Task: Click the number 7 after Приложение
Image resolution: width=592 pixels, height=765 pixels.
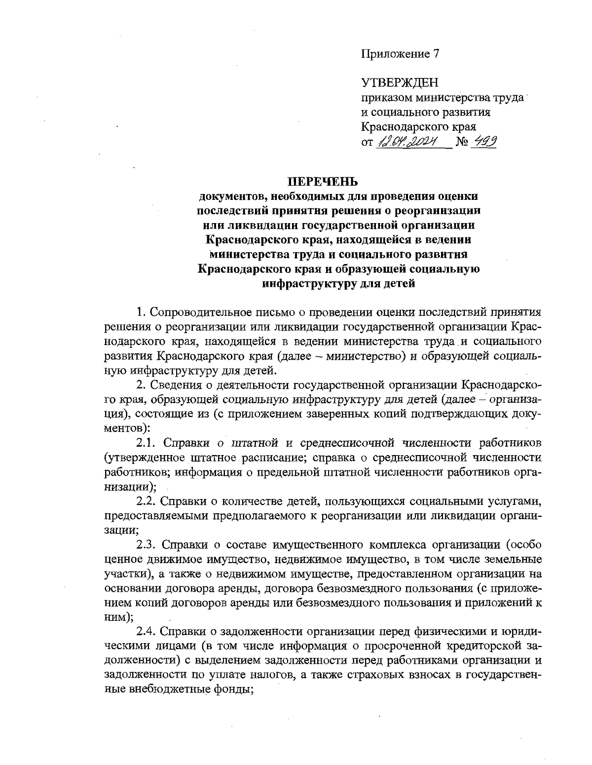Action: [436, 54]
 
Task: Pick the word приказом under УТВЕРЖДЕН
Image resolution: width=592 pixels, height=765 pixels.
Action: [387, 98]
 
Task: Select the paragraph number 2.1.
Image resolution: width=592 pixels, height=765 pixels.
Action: [147, 442]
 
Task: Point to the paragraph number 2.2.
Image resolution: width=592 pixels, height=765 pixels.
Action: [147, 502]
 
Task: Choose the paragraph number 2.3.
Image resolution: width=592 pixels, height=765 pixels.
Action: [147, 545]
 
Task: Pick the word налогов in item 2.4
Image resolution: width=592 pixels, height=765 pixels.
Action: [267, 675]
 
